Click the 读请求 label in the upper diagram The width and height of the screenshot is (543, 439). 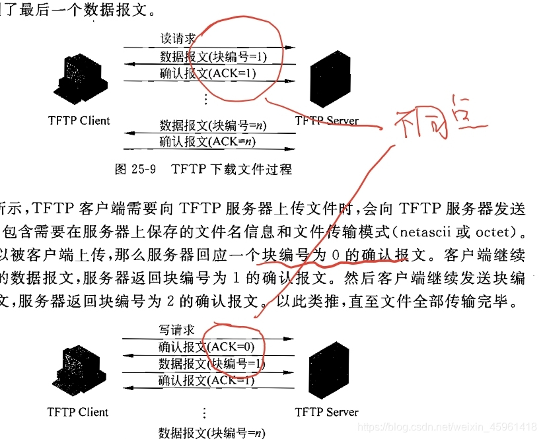[x=178, y=39]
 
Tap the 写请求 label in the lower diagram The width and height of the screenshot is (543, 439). [x=176, y=330]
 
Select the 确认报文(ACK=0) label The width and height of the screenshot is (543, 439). [x=206, y=347]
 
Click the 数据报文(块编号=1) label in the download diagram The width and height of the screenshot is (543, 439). [x=213, y=56]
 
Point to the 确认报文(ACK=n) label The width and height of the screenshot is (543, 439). [x=207, y=141]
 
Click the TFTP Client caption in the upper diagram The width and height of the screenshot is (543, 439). [x=79, y=120]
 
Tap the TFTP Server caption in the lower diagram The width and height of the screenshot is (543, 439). [x=326, y=412]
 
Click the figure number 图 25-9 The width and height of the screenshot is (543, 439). [x=135, y=170]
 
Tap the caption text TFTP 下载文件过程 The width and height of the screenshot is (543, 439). [x=231, y=170]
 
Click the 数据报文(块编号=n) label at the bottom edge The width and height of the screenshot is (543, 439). [x=211, y=432]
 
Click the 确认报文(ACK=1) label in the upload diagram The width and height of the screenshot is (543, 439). [x=206, y=381]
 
